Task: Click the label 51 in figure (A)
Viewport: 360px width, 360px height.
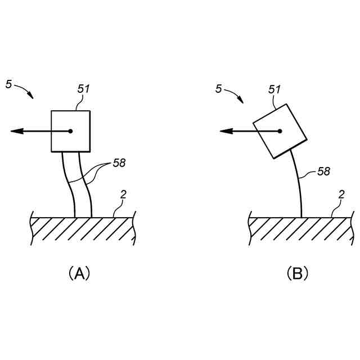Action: [x=83, y=89]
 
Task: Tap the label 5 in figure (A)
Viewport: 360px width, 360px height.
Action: [x=8, y=84]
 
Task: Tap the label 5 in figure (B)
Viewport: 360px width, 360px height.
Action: [x=218, y=89]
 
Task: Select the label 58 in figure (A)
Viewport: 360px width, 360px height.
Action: [x=119, y=163]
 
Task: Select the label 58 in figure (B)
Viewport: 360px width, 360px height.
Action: [x=323, y=171]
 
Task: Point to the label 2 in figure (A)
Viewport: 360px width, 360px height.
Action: [x=123, y=195]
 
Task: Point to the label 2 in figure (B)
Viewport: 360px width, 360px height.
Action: [x=341, y=195]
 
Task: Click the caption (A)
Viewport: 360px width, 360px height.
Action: [x=79, y=274]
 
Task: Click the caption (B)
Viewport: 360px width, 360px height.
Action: [x=298, y=274]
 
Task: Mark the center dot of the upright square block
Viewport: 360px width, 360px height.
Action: [x=70, y=131]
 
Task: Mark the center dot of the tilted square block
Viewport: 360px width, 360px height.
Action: [x=280, y=131]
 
